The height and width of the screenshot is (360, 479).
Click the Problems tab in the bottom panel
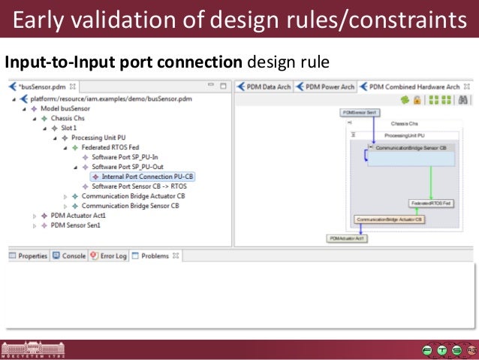(155, 256)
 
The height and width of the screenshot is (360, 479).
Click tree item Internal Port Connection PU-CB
(142, 177)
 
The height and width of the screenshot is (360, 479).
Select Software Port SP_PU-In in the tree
(125, 157)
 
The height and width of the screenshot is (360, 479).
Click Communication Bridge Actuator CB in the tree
(133, 196)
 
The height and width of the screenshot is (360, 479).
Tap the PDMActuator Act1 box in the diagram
(346, 238)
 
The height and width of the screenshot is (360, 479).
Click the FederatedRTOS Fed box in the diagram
(430, 203)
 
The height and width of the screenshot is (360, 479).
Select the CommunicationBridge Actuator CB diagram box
(389, 219)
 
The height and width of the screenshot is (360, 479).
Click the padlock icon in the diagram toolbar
(417, 99)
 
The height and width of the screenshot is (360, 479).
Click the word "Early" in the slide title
(40, 20)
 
